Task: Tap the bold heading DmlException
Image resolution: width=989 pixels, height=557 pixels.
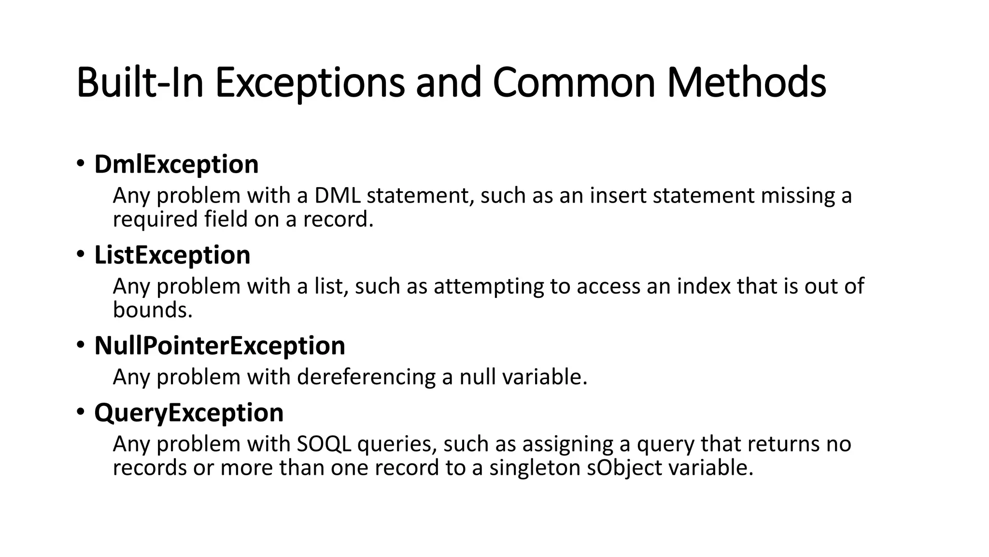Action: [176, 164]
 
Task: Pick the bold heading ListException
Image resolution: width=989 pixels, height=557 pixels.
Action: [172, 255]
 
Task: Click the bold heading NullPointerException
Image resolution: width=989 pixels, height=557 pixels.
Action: [220, 346]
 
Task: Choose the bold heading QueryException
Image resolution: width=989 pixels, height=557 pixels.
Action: [189, 413]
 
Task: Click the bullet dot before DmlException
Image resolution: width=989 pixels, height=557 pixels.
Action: [80, 163]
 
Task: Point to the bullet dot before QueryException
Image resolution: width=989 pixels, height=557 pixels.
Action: [80, 412]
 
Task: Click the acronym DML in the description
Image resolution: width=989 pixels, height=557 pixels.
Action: [337, 196]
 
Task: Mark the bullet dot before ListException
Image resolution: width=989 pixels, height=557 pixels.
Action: [80, 254]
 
